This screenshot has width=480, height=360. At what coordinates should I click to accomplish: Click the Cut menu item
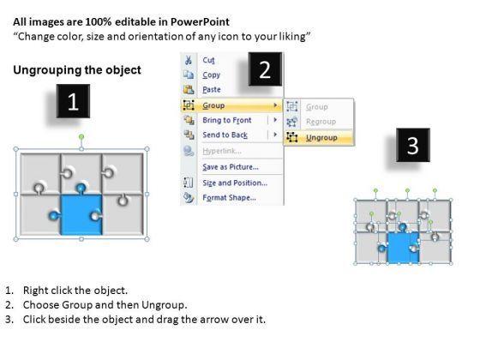point(208,60)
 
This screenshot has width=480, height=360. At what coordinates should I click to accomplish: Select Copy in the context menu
point(211,75)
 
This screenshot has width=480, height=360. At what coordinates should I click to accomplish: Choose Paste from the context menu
point(212,89)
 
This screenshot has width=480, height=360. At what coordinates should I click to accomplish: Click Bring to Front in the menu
point(227,120)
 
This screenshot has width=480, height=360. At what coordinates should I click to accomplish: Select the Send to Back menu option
point(225,135)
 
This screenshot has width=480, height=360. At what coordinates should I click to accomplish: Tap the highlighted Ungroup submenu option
point(321,138)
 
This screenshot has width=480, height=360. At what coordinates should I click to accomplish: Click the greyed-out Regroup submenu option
point(321,122)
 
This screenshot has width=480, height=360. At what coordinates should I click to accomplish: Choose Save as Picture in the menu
point(231,167)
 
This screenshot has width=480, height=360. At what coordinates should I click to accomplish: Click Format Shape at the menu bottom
point(230,197)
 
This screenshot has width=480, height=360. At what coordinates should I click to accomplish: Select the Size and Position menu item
point(235,183)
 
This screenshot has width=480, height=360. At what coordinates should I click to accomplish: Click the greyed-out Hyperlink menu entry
point(222,151)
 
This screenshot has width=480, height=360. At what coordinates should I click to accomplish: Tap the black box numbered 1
point(73,101)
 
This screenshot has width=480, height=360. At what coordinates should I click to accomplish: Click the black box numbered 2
point(265,69)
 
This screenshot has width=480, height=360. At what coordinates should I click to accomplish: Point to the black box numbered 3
point(413,145)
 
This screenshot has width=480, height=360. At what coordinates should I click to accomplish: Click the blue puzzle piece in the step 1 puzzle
point(81,215)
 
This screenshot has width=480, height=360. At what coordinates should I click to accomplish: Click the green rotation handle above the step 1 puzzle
point(81,137)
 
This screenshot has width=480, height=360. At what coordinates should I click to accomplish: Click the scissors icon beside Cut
point(189,60)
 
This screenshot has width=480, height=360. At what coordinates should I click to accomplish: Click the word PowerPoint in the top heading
point(200,21)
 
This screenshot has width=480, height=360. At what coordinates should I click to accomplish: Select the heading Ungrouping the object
point(77,70)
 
